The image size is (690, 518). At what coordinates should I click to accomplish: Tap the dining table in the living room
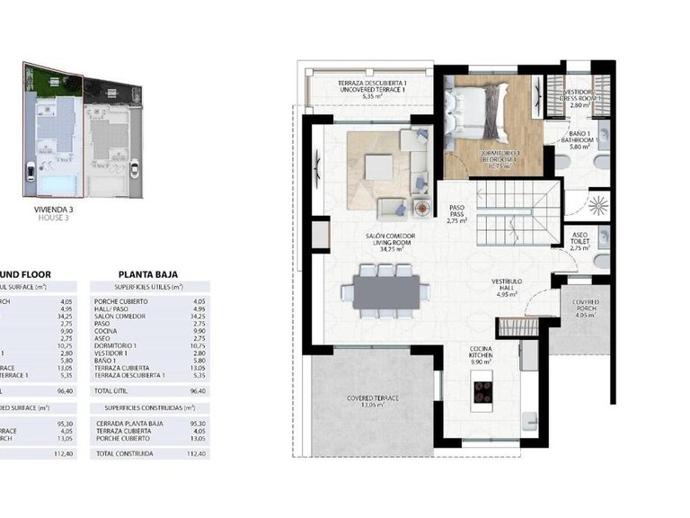(x=385, y=290)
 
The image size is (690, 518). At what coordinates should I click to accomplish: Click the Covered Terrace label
(x=374, y=401)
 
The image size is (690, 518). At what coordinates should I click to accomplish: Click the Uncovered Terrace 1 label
(x=372, y=87)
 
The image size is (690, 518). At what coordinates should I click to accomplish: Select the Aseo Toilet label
(x=580, y=241)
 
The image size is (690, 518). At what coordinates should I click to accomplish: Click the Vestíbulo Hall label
(x=507, y=286)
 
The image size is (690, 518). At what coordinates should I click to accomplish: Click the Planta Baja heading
(x=147, y=275)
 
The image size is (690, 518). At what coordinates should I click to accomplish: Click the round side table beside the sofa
(x=420, y=207)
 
